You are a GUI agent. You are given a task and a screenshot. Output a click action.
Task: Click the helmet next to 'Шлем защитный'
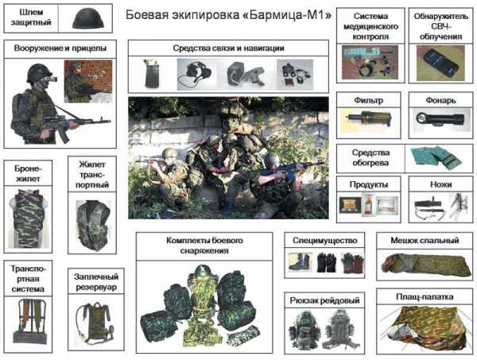pyautogui.click(x=88, y=18)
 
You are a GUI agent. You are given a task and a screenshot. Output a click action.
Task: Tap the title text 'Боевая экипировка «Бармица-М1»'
pyautogui.click(x=228, y=14)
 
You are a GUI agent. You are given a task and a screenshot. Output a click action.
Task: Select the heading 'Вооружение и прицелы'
pyautogui.click(x=60, y=48)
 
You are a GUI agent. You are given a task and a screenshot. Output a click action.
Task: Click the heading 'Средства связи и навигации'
pyautogui.click(x=228, y=48)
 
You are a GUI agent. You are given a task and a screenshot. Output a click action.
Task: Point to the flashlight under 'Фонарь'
pyautogui.click(x=440, y=120)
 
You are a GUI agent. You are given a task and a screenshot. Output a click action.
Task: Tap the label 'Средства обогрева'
pyautogui.click(x=370, y=158)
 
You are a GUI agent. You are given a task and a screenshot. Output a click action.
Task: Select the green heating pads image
pyautogui.click(x=436, y=158)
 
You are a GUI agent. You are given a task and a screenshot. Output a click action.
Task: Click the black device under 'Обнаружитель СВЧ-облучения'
pyautogui.click(x=440, y=63)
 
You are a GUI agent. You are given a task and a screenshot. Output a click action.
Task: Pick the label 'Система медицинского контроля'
pyautogui.click(x=370, y=26)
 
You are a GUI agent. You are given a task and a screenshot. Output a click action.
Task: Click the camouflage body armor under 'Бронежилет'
pyautogui.click(x=28, y=219)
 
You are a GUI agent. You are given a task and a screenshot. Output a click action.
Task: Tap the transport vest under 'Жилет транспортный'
pyautogui.click(x=92, y=226)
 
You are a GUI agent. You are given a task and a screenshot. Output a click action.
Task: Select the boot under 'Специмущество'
pyautogui.click(x=300, y=262)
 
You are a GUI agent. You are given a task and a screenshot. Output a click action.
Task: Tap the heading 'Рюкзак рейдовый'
pyautogui.click(x=324, y=300)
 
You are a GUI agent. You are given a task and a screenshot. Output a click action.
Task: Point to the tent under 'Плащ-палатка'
pyautogui.click(x=425, y=329)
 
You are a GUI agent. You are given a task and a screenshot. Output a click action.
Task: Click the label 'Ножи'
pyautogui.click(x=440, y=184)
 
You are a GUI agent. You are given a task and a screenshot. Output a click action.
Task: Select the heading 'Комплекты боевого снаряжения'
pyautogui.click(x=204, y=246)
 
